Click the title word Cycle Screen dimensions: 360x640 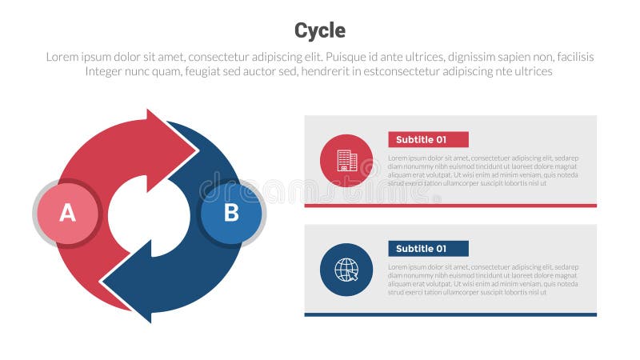[319, 30]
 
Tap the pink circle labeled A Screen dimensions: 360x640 [68, 213]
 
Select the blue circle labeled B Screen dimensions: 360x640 [230, 213]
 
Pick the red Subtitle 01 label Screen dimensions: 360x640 [428, 139]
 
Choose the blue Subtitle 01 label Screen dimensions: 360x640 [428, 248]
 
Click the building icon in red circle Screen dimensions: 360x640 [346, 161]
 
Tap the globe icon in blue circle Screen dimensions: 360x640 [346, 270]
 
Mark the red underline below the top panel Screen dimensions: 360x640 [450, 206]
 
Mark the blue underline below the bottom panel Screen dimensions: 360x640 [450, 314]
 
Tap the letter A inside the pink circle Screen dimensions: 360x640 [68, 213]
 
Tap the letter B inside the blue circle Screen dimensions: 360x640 [230, 213]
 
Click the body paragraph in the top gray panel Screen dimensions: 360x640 [482, 170]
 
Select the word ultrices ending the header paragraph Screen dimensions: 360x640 [530, 71]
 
